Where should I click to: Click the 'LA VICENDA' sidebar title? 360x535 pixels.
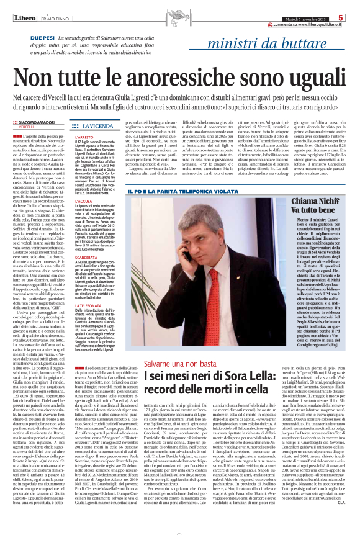[97, 125]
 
